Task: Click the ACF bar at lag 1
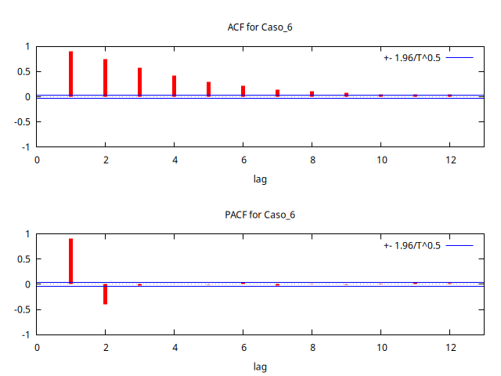[71, 74]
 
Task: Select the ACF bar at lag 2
[106, 78]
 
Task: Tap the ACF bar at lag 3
[140, 82]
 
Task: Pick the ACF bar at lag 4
[175, 86]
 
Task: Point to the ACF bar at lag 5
[209, 89]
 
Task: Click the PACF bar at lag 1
[71, 261]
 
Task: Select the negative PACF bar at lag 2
[106, 294]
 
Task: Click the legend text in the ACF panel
[413, 58]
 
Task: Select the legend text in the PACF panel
[413, 245]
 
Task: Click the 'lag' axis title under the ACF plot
[260, 179]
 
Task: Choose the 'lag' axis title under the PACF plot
[260, 367]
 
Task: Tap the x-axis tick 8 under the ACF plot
[312, 161]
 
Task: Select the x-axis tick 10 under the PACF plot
[381, 348]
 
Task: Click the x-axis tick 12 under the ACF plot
[450, 161]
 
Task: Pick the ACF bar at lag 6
[243, 91]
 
